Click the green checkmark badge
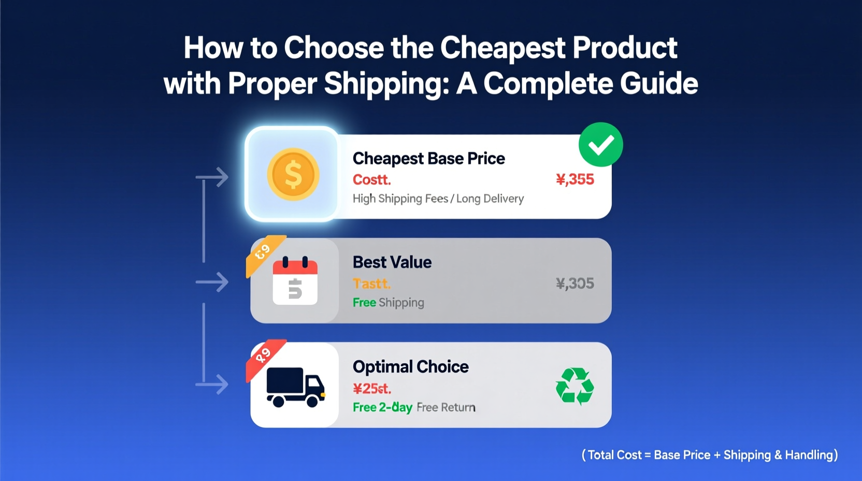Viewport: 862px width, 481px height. [600, 145]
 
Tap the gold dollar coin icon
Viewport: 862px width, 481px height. [293, 174]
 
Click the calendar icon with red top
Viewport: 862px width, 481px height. [295, 280]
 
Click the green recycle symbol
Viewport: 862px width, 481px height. [574, 386]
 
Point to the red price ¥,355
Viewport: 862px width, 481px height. [574, 179]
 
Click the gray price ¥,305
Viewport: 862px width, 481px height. [574, 283]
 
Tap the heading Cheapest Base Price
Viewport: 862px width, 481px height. [428, 158]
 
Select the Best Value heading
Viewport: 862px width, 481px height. [392, 262]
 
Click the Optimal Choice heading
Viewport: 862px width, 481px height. [410, 366]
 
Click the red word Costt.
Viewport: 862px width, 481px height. [371, 179]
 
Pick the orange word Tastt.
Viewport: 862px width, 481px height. [371, 284]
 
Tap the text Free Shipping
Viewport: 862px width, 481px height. [388, 302]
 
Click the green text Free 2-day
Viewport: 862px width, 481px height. [382, 407]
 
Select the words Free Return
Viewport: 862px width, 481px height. [446, 407]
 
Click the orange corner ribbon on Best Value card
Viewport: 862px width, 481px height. [263, 252]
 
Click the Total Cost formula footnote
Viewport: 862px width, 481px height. [709, 455]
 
